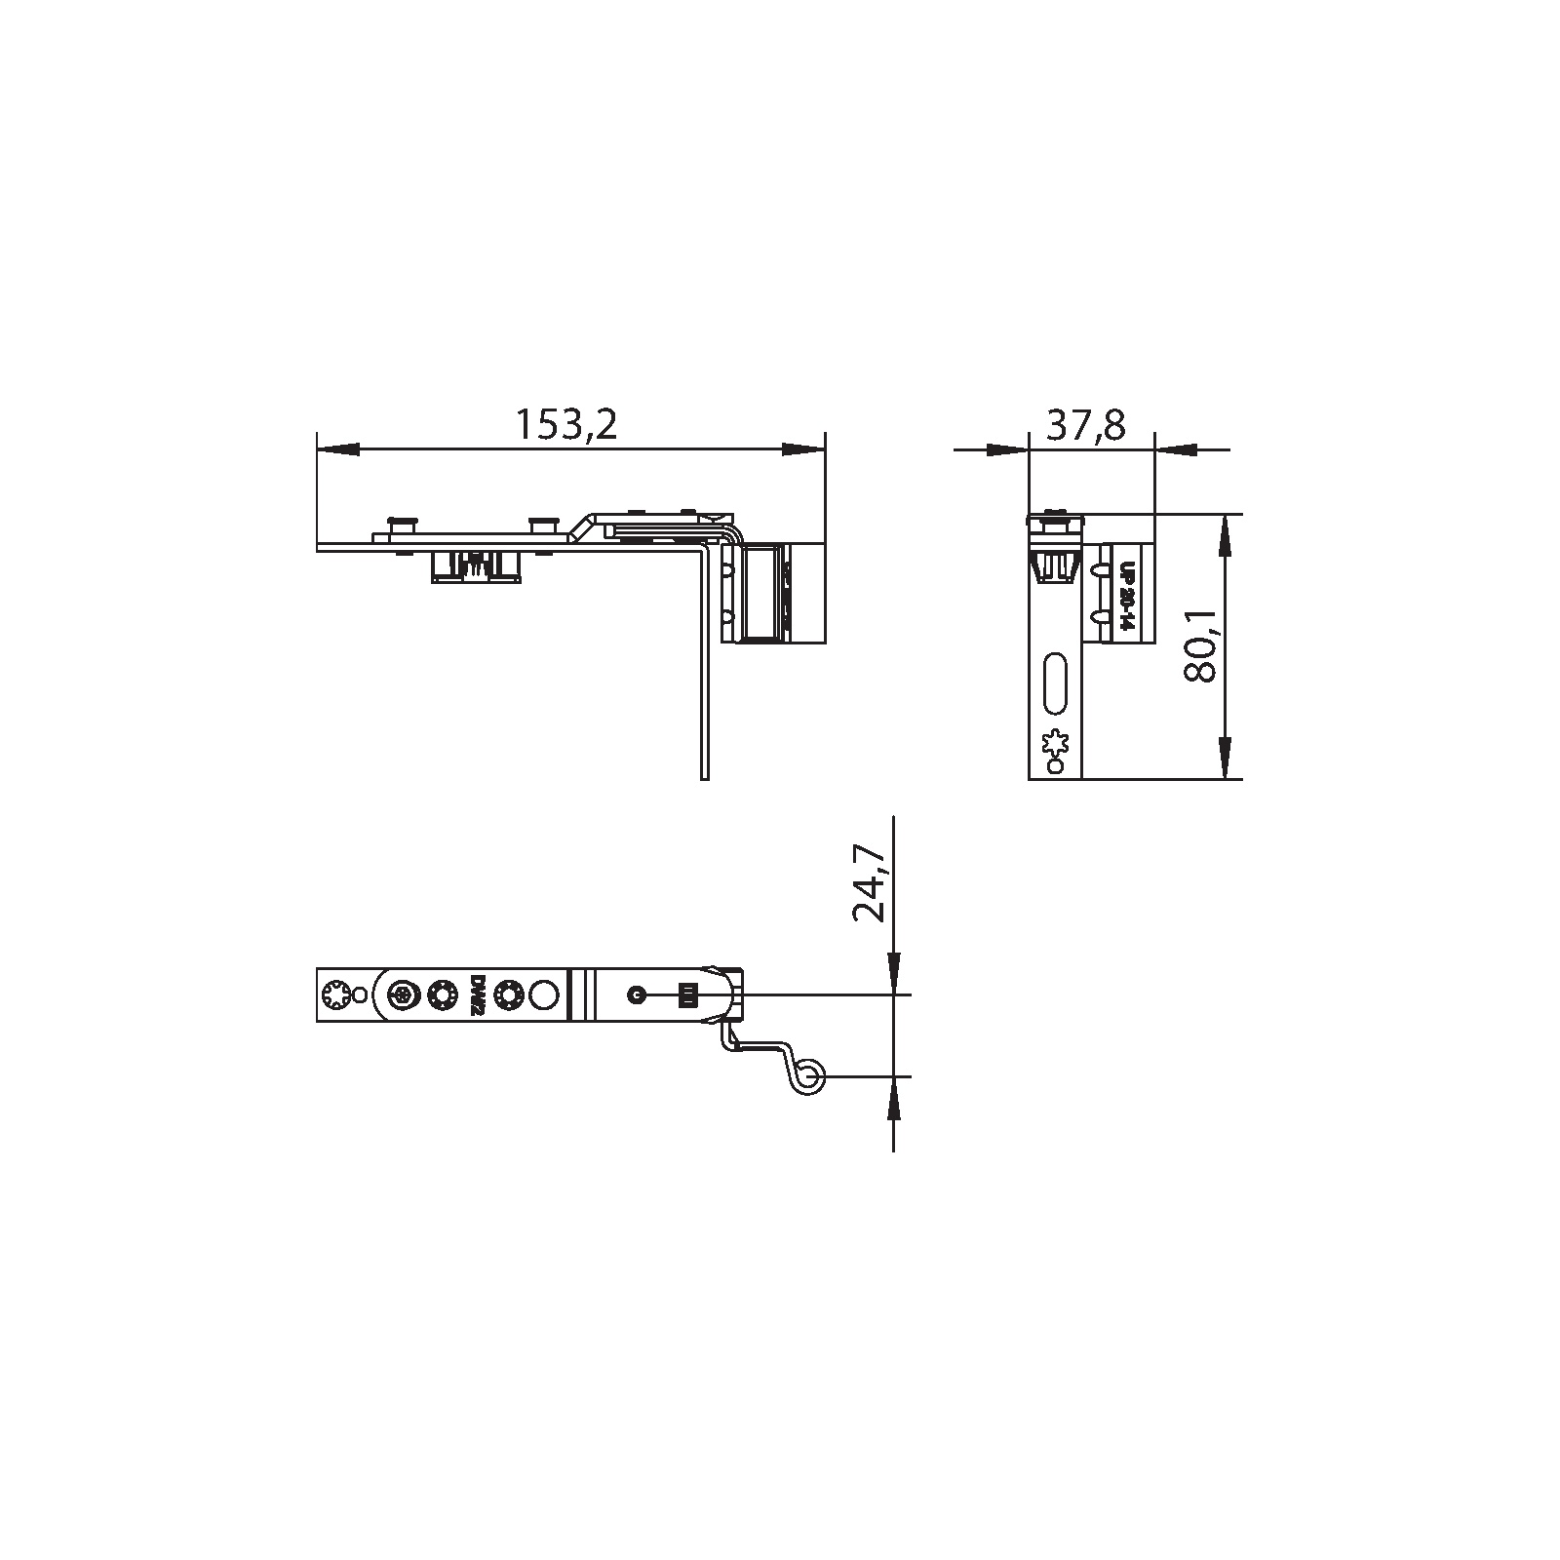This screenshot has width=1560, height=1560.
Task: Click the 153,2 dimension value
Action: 566,424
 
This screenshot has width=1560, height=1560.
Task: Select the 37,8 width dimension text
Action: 1086,424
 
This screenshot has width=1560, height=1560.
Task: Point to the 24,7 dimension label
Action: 869,883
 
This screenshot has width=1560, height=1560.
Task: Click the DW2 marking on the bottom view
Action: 478,995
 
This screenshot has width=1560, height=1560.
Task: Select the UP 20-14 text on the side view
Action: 1127,597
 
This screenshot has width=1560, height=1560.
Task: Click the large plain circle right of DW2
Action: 545,995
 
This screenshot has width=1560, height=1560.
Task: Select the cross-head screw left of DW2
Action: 403,995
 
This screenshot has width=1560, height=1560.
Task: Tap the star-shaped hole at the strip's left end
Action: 333,995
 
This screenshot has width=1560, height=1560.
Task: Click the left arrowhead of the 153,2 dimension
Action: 336,449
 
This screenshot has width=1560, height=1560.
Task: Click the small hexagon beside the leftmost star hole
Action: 361,995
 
